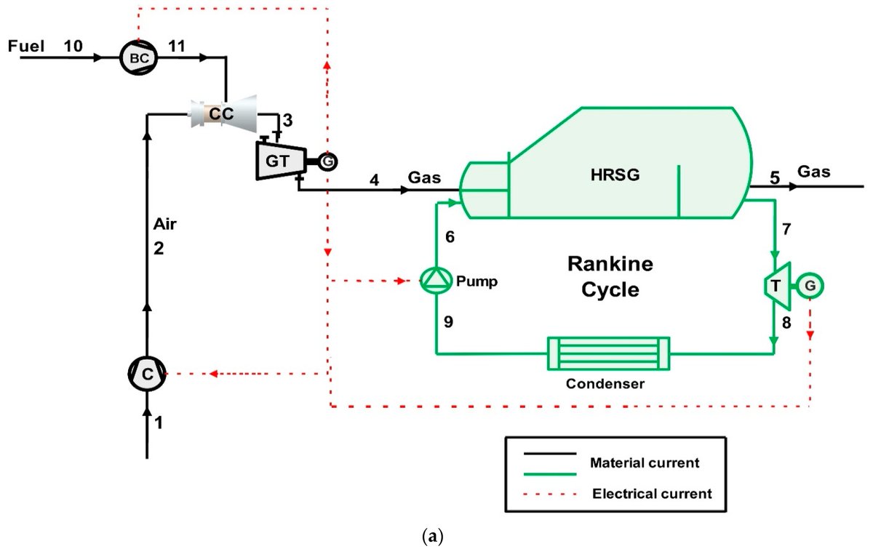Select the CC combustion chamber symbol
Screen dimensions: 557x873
[226, 113]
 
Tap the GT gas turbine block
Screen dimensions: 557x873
[278, 161]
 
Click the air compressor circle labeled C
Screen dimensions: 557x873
[147, 374]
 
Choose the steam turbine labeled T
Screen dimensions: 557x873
[776, 286]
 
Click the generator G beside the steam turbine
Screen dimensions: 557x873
[810, 286]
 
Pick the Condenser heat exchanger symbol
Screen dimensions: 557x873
[609, 353]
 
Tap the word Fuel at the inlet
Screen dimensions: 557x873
[26, 47]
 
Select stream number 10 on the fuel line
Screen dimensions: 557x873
[73, 47]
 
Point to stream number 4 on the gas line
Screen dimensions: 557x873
[374, 179]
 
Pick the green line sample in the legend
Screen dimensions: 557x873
[550, 473]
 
